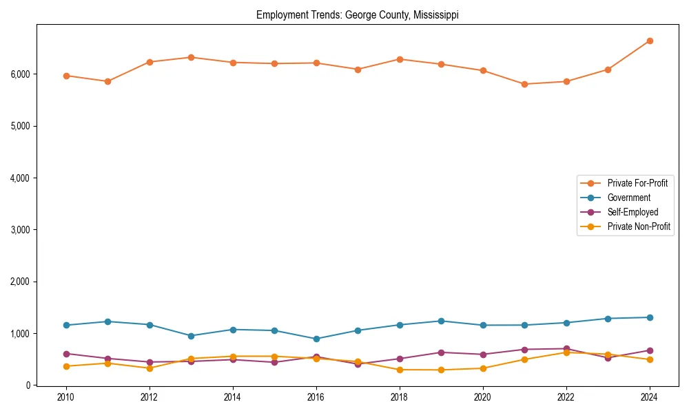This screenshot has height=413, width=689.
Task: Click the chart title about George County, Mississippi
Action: point(357,14)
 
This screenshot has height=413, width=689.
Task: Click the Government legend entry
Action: point(628,198)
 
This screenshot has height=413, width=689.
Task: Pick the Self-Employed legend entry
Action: point(633,212)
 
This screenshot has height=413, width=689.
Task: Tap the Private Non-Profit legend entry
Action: point(639,226)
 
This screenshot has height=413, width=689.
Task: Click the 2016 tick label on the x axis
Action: point(316,397)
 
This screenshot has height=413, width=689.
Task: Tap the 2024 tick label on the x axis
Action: point(649,397)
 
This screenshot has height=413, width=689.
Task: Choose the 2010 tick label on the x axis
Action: point(66,397)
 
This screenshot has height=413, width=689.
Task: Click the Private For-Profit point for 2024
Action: point(649,41)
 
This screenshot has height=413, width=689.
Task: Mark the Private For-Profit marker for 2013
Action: point(191,57)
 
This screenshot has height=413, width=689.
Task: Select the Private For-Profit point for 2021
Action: point(524,84)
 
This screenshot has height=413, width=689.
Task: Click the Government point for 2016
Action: point(316,339)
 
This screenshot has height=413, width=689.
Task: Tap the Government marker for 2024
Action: point(649,317)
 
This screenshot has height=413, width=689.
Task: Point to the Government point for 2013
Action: point(191,336)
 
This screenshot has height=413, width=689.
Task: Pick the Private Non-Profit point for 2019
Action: point(441,370)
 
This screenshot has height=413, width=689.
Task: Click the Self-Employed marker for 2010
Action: point(66,354)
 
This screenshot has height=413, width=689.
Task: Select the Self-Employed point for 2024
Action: point(649,350)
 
